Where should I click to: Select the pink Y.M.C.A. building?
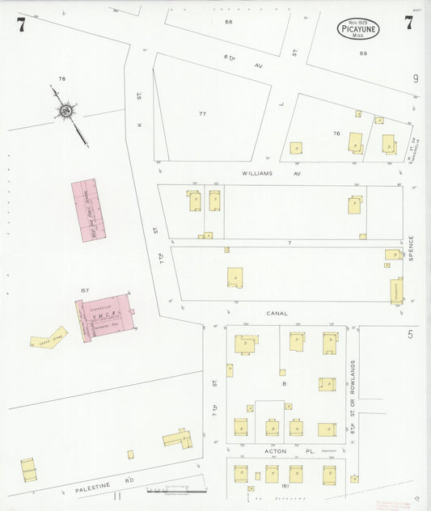coord(104,318)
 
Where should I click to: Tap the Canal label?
coord(277,313)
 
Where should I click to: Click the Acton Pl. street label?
coord(277,450)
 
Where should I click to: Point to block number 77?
coord(203,113)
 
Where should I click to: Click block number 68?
coord(229,21)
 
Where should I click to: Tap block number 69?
coord(363,53)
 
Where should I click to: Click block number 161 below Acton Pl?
coord(285,487)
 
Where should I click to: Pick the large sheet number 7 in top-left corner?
coord(21,24)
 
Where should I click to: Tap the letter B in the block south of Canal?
coord(285,384)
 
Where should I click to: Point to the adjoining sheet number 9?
coord(415,78)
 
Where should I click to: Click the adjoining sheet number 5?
coord(410,333)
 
